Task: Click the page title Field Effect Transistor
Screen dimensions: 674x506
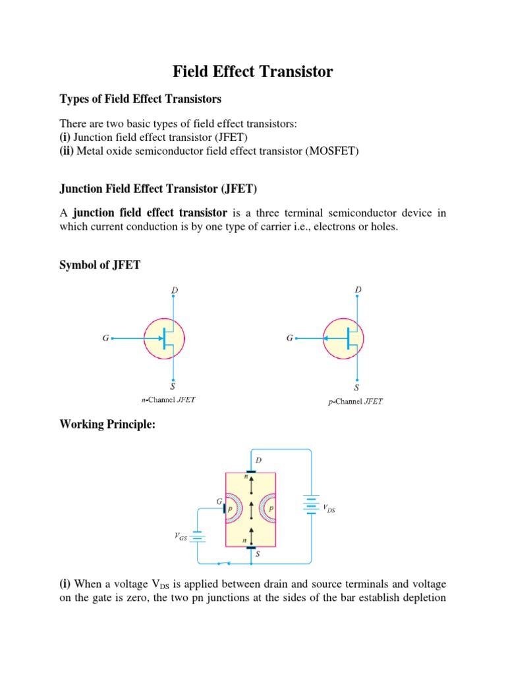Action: coord(253,72)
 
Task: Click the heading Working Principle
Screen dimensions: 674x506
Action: coord(107,425)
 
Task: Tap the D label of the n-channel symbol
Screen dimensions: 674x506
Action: coord(175,290)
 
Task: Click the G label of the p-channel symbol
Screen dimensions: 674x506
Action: coord(289,339)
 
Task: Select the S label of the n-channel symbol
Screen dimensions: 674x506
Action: coord(173,387)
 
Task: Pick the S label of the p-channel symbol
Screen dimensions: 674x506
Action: coord(357,387)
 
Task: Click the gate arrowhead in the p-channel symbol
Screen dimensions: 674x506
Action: coord(327,339)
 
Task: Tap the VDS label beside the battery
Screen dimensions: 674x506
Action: coord(329,508)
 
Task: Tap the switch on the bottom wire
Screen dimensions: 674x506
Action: coord(224,563)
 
